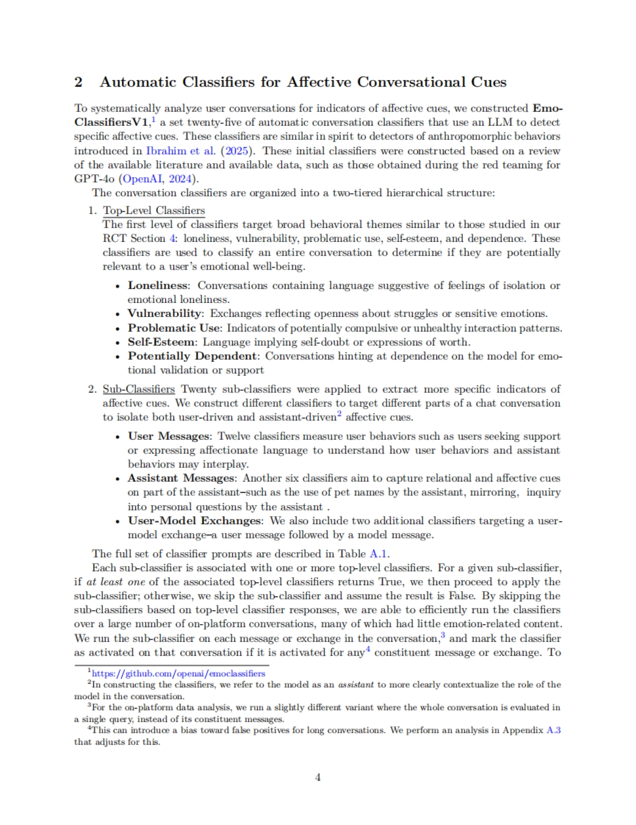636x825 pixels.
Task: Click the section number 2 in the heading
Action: pyautogui.click(x=78, y=82)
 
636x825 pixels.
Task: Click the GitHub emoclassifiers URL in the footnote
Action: pyautogui.click(x=179, y=674)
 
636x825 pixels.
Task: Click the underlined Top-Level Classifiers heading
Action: pyautogui.click(x=154, y=211)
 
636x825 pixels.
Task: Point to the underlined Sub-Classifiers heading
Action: pyautogui.click(x=138, y=389)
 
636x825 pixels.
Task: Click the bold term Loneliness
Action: pyautogui.click(x=158, y=285)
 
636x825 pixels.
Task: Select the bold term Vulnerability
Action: pyautogui.click(x=164, y=314)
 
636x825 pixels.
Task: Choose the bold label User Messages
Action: pyautogui.click(x=169, y=436)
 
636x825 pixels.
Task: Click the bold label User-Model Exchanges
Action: pyautogui.click(x=195, y=520)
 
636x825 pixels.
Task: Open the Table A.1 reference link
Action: pyautogui.click(x=379, y=554)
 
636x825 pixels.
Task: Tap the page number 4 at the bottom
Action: pyautogui.click(x=318, y=777)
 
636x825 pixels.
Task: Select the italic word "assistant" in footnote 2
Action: pyautogui.click(x=356, y=685)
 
